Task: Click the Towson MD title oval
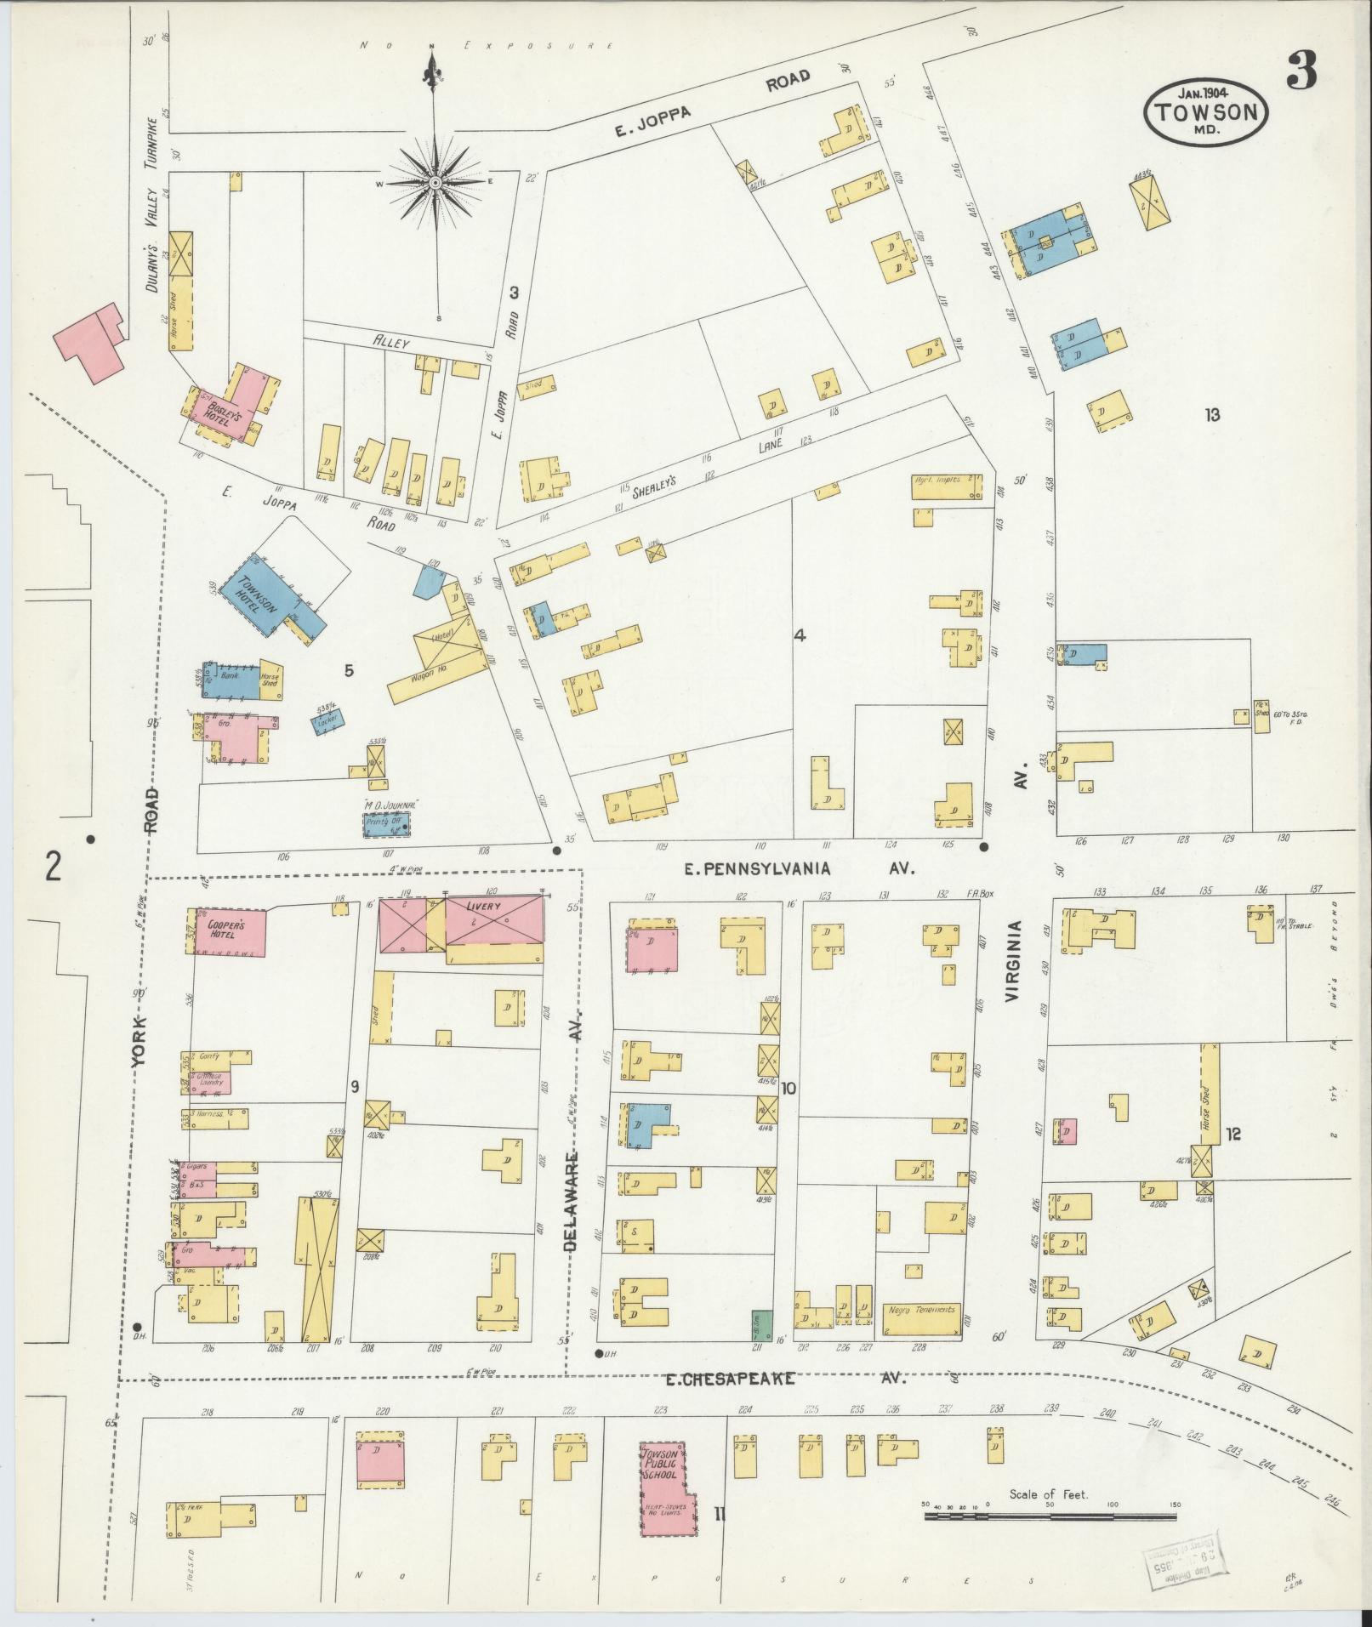pos(1206,113)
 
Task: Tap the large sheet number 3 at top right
pos(1302,71)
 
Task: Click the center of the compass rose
pos(435,182)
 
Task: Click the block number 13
pos(1212,415)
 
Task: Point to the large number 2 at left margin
pos(54,868)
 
